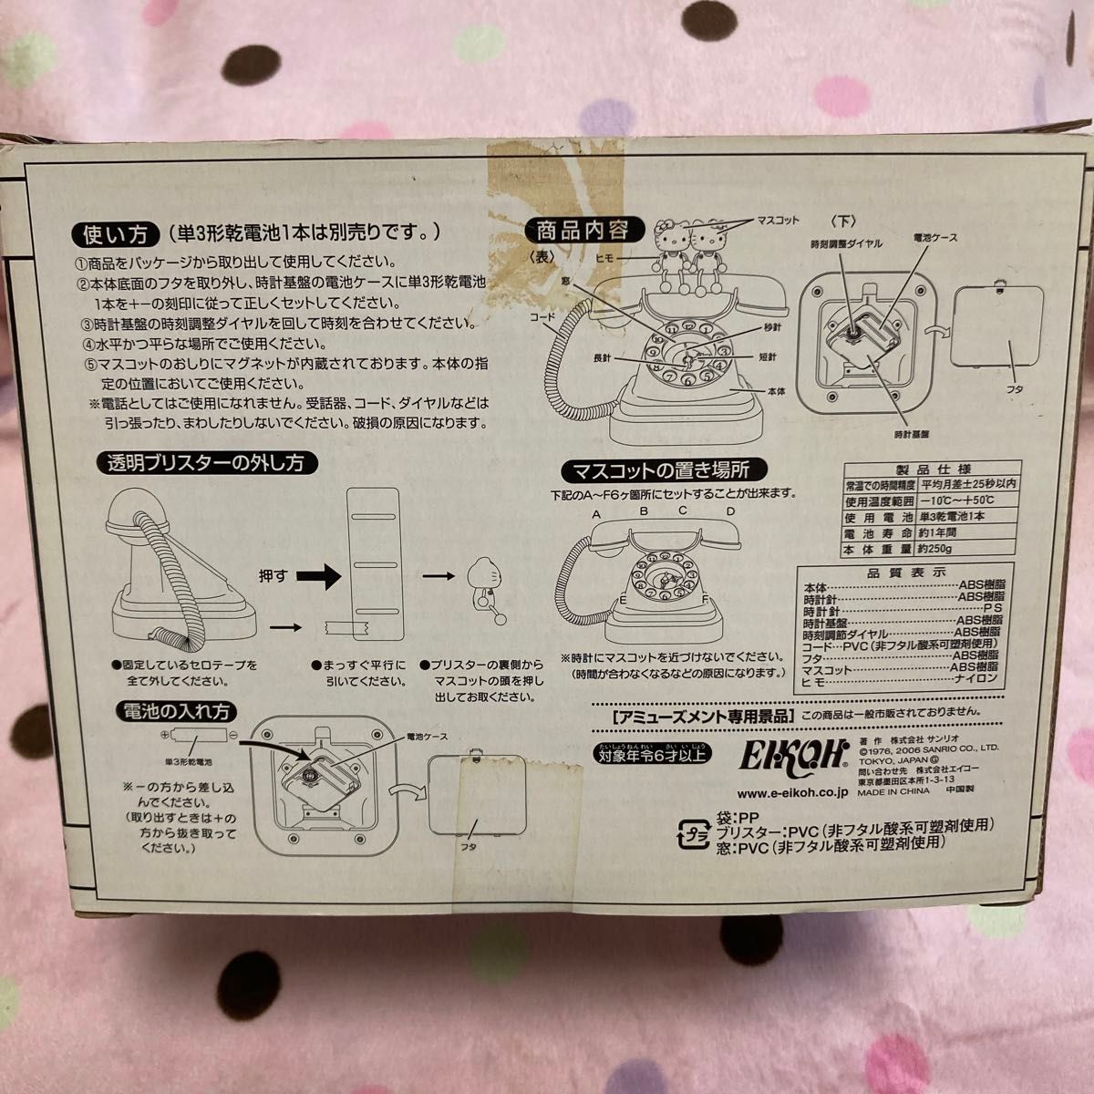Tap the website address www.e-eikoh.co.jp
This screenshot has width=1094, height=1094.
click(x=790, y=791)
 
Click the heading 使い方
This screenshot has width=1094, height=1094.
click(x=111, y=234)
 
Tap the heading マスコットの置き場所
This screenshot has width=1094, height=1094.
click(x=672, y=470)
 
